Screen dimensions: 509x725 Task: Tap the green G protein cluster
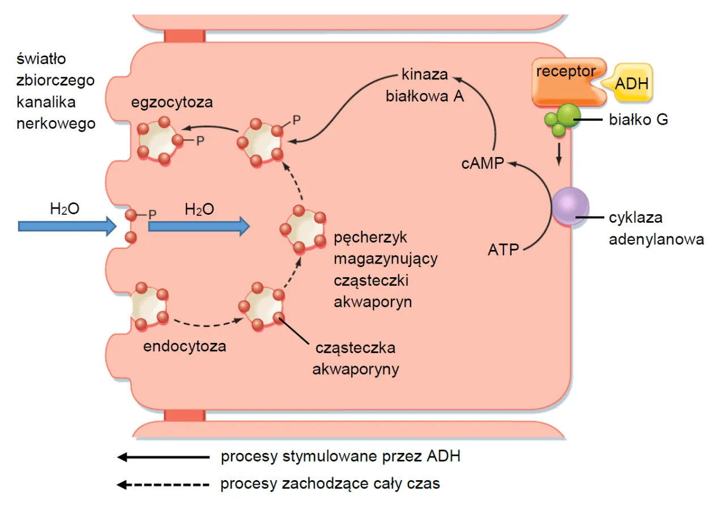pos(561,118)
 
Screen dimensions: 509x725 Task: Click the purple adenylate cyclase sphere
pos(570,206)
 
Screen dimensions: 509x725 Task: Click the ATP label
pos(504,249)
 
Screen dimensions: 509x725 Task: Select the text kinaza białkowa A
pos(425,85)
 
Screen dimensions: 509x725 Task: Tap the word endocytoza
pos(185,346)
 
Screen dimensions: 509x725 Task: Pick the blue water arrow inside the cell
pos(199,226)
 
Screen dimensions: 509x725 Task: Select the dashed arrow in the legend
pos(162,485)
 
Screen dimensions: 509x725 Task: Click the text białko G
pos(638,120)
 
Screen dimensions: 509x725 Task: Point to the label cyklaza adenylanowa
pos(656,228)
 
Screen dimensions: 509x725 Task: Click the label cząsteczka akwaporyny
pos(356,358)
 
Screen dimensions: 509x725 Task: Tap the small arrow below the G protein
pos(559,154)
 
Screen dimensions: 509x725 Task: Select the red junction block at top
pos(185,36)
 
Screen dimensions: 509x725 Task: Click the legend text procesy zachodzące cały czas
pos(330,484)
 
